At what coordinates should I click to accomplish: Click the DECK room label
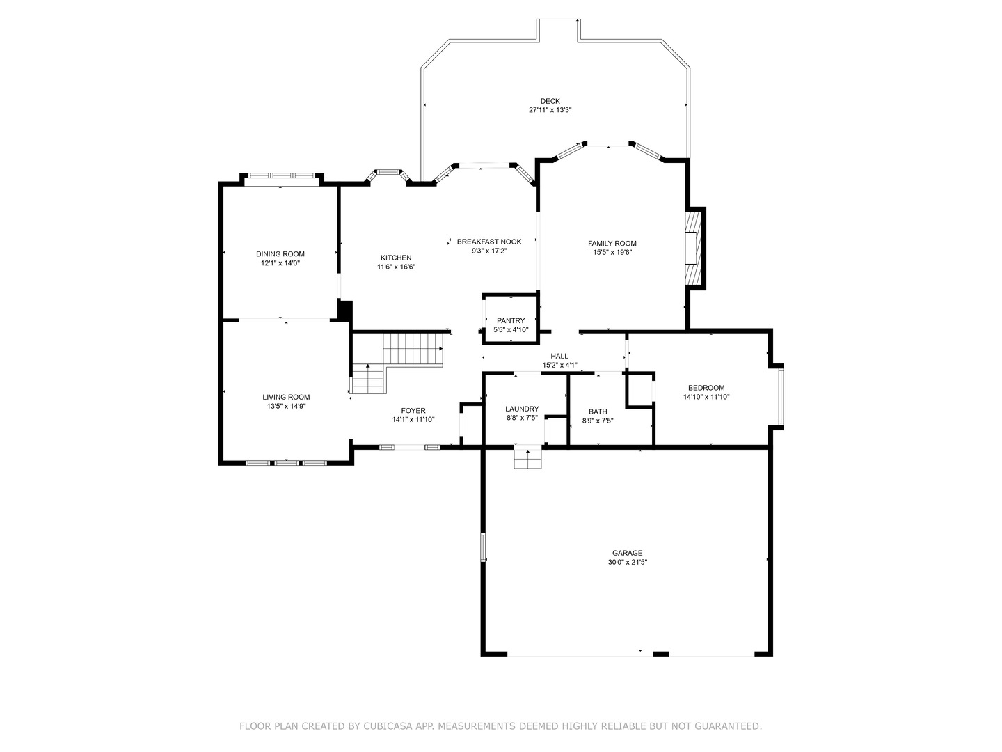550,101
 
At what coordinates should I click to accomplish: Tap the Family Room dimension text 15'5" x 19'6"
612,252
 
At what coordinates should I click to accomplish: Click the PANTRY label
510,320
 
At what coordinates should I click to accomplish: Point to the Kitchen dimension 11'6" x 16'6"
396,267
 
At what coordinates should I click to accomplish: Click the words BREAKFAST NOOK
489,242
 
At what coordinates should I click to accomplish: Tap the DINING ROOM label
280,254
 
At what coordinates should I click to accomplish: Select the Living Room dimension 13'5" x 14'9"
286,406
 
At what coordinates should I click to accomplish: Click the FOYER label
413,411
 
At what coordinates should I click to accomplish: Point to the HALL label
559,356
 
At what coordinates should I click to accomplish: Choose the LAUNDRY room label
522,409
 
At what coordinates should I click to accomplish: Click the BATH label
598,412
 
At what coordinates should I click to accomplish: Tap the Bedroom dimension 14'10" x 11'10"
706,397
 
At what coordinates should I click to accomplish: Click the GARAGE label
627,553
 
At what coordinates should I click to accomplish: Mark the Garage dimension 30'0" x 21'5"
627,562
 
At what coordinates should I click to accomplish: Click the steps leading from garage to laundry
527,458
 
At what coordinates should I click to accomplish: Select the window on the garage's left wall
482,547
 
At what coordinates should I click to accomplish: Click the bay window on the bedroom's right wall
781,396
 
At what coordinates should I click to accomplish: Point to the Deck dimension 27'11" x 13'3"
550,109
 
